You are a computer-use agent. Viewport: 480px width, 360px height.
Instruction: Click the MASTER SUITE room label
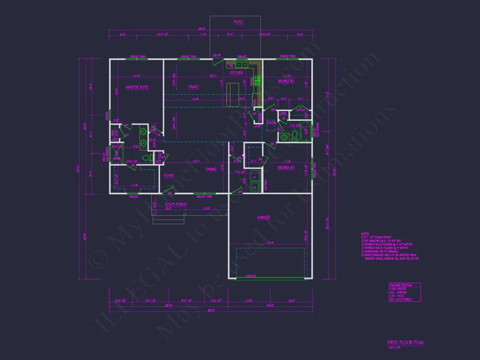137,87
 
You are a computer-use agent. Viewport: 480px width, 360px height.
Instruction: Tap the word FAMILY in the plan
194,87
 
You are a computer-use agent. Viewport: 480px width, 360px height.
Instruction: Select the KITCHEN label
237,73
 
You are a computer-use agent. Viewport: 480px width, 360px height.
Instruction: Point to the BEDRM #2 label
286,82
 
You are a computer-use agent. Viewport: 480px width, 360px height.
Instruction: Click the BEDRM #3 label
286,168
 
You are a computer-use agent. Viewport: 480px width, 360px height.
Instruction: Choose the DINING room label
211,170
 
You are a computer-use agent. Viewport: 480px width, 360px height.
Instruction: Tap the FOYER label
169,176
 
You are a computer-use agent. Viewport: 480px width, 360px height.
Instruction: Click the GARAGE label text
264,217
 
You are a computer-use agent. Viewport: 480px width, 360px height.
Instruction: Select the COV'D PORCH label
176,204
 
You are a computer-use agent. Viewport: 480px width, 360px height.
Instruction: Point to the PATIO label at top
238,22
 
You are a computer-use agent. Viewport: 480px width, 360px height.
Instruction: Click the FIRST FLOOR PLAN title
405,343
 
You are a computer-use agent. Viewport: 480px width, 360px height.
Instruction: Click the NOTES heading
365,234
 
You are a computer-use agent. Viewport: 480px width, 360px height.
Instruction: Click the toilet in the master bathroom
147,157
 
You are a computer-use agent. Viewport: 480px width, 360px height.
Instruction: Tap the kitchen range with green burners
258,80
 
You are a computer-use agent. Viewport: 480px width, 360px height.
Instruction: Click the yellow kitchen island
233,94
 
